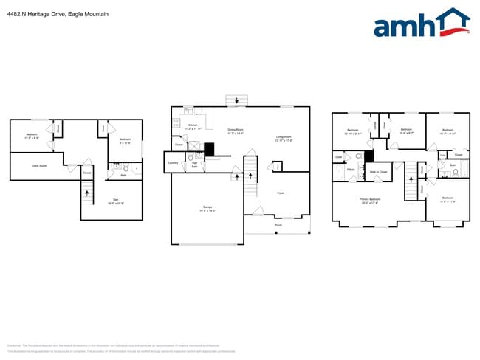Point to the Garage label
[x=208, y=207]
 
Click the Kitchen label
[x=193, y=126]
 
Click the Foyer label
[x=281, y=193]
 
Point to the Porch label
[x=278, y=225]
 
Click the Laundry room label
[x=173, y=162]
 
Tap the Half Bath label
[x=194, y=166]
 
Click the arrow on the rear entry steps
[x=236, y=101]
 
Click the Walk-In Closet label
[x=378, y=172]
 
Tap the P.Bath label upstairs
[x=351, y=170]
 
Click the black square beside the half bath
[x=209, y=149]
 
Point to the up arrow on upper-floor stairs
[x=408, y=178]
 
